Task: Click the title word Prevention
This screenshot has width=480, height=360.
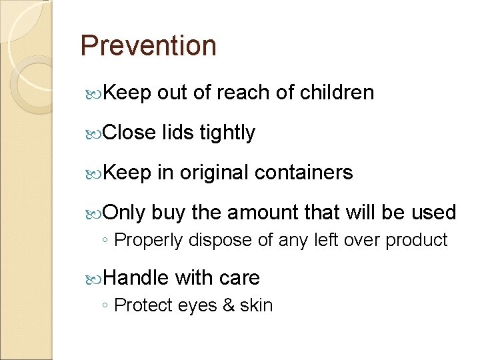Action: [148, 47]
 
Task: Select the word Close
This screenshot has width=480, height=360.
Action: [130, 133]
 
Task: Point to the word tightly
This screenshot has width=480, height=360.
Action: [227, 133]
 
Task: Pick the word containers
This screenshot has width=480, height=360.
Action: [304, 173]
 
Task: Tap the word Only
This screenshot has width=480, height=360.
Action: [125, 213]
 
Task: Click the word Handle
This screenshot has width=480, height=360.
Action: [137, 277]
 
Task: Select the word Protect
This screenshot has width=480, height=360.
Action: [144, 305]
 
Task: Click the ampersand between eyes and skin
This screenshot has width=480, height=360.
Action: [230, 305]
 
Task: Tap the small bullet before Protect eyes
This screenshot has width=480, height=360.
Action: [106, 306]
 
